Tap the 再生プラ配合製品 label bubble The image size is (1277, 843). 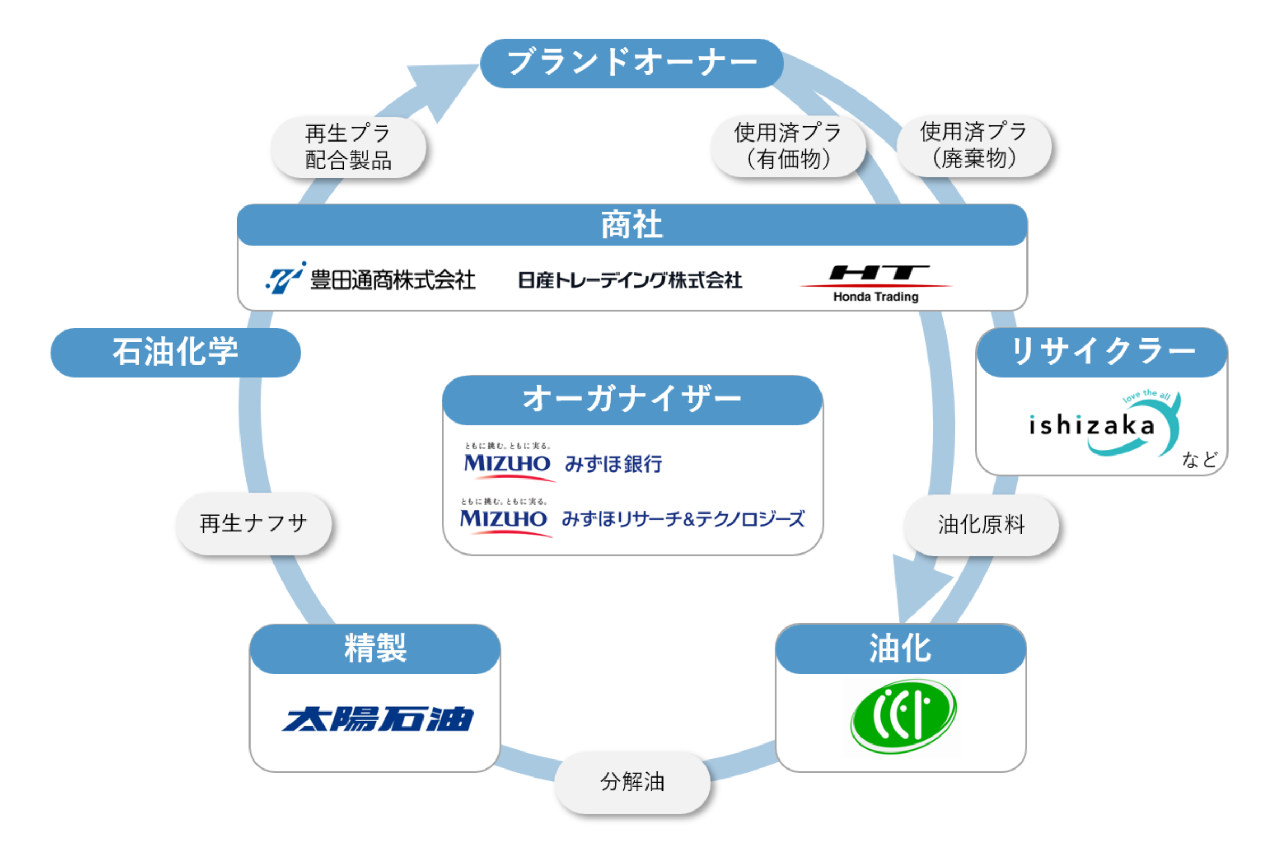click(349, 147)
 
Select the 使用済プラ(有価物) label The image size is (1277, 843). click(788, 146)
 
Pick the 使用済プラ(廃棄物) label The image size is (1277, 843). click(973, 145)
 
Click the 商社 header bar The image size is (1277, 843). click(632, 225)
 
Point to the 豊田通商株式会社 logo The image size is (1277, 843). click(371, 279)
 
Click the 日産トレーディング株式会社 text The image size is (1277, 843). click(629, 280)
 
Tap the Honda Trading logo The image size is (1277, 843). click(876, 282)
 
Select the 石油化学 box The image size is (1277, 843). click(175, 352)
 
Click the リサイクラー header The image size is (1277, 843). click(1102, 352)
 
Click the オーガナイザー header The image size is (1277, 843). click(632, 400)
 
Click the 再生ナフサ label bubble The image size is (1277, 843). click(254, 523)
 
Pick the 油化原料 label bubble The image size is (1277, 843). click(981, 525)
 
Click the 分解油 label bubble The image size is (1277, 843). click(632, 782)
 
